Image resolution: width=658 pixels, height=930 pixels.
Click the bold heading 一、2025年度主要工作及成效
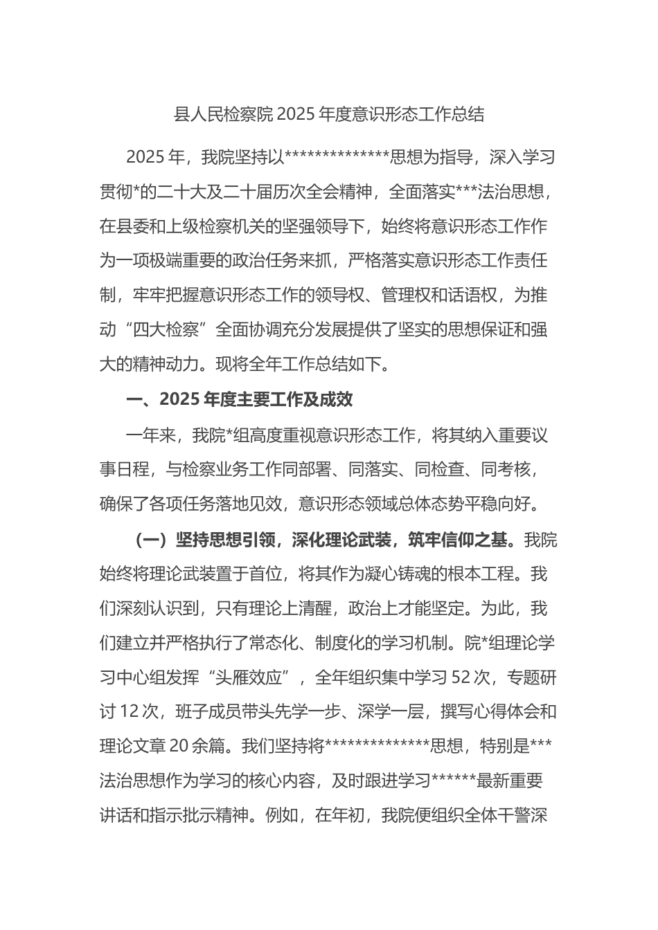[240, 399]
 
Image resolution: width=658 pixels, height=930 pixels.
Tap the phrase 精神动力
[166, 364]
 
